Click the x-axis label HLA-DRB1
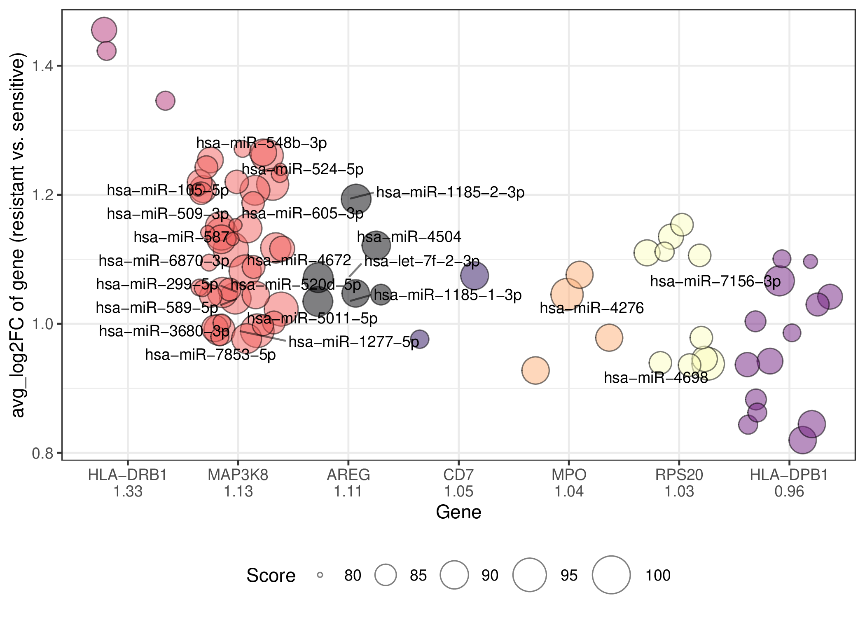pyautogui.click(x=128, y=475)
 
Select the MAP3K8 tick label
pyautogui.click(x=238, y=475)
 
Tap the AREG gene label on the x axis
pyautogui.click(x=348, y=475)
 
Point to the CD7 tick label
pyautogui.click(x=458, y=475)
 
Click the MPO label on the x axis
pyautogui.click(x=569, y=475)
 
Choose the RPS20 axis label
pyautogui.click(x=679, y=475)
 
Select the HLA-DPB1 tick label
pyautogui.click(x=789, y=475)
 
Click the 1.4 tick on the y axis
pyautogui.click(x=44, y=66)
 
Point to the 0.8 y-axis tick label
pyautogui.click(x=44, y=453)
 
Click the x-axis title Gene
pyautogui.click(x=458, y=512)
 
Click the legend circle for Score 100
pyautogui.click(x=611, y=575)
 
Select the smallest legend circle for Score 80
pyautogui.click(x=320, y=575)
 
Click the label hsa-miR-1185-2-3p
pyautogui.click(x=450, y=192)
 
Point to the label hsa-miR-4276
pyautogui.click(x=591, y=308)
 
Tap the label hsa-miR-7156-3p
pyautogui.click(x=715, y=281)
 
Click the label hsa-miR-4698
pyautogui.click(x=656, y=378)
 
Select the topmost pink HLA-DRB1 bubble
pyautogui.click(x=104, y=30)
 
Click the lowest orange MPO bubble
pyautogui.click(x=535, y=370)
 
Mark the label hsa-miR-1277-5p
pyautogui.click(x=353, y=342)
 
